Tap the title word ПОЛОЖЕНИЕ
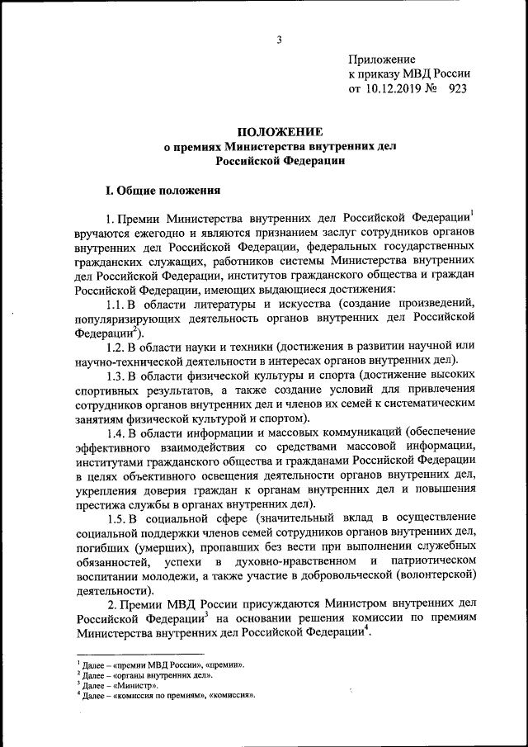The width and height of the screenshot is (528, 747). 280,131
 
